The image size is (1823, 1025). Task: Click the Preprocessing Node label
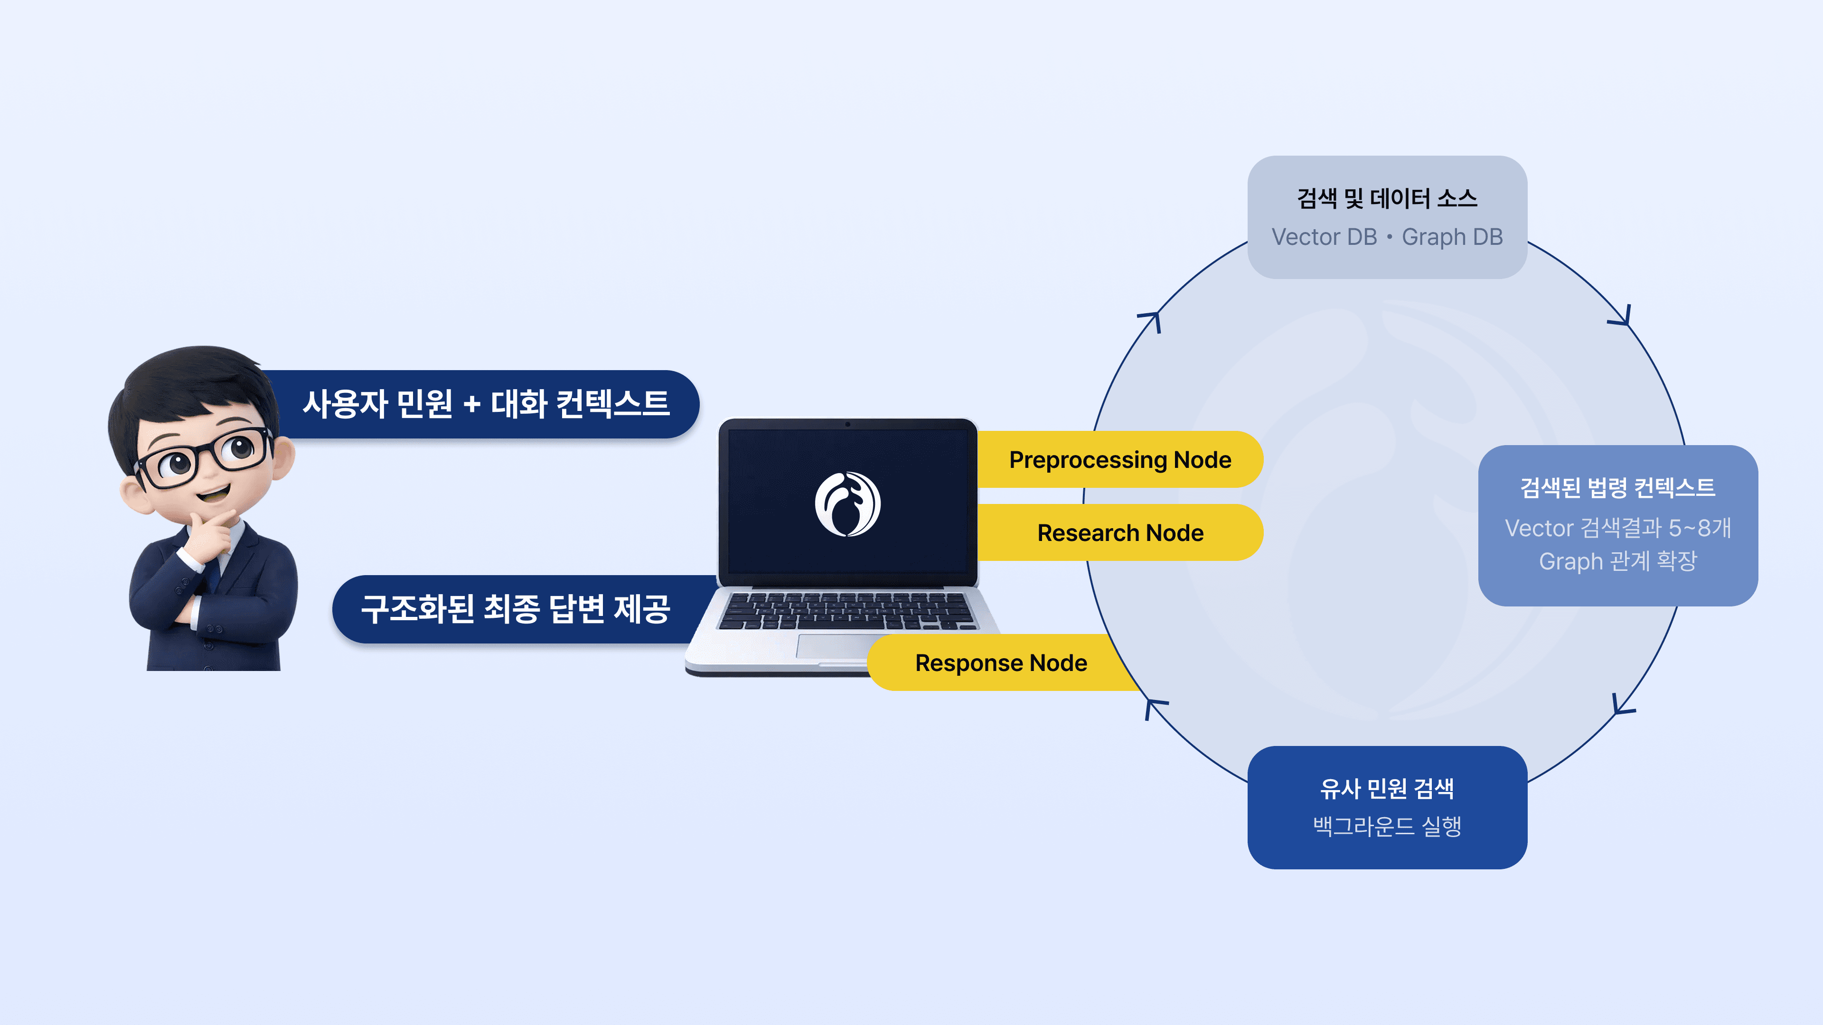pos(1119,460)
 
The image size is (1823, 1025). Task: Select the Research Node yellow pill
pos(1119,532)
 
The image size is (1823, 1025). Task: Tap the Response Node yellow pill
pos(1001,663)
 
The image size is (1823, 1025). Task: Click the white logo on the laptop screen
pos(847,503)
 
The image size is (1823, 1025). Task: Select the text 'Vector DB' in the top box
pos(1324,237)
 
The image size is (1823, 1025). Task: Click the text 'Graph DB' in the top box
pos(1452,237)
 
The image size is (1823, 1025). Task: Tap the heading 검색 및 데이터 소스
pos(1387,198)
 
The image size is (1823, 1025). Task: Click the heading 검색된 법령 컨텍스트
pos(1618,487)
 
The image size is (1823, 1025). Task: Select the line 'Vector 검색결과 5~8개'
pos(1618,528)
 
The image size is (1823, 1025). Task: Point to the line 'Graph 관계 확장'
pos(1618,561)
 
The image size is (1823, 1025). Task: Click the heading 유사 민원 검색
pos(1387,788)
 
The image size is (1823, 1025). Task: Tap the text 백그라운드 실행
pos(1387,826)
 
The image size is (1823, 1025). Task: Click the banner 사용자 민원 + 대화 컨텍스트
pos(486,404)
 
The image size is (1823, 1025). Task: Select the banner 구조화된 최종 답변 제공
pos(515,609)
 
